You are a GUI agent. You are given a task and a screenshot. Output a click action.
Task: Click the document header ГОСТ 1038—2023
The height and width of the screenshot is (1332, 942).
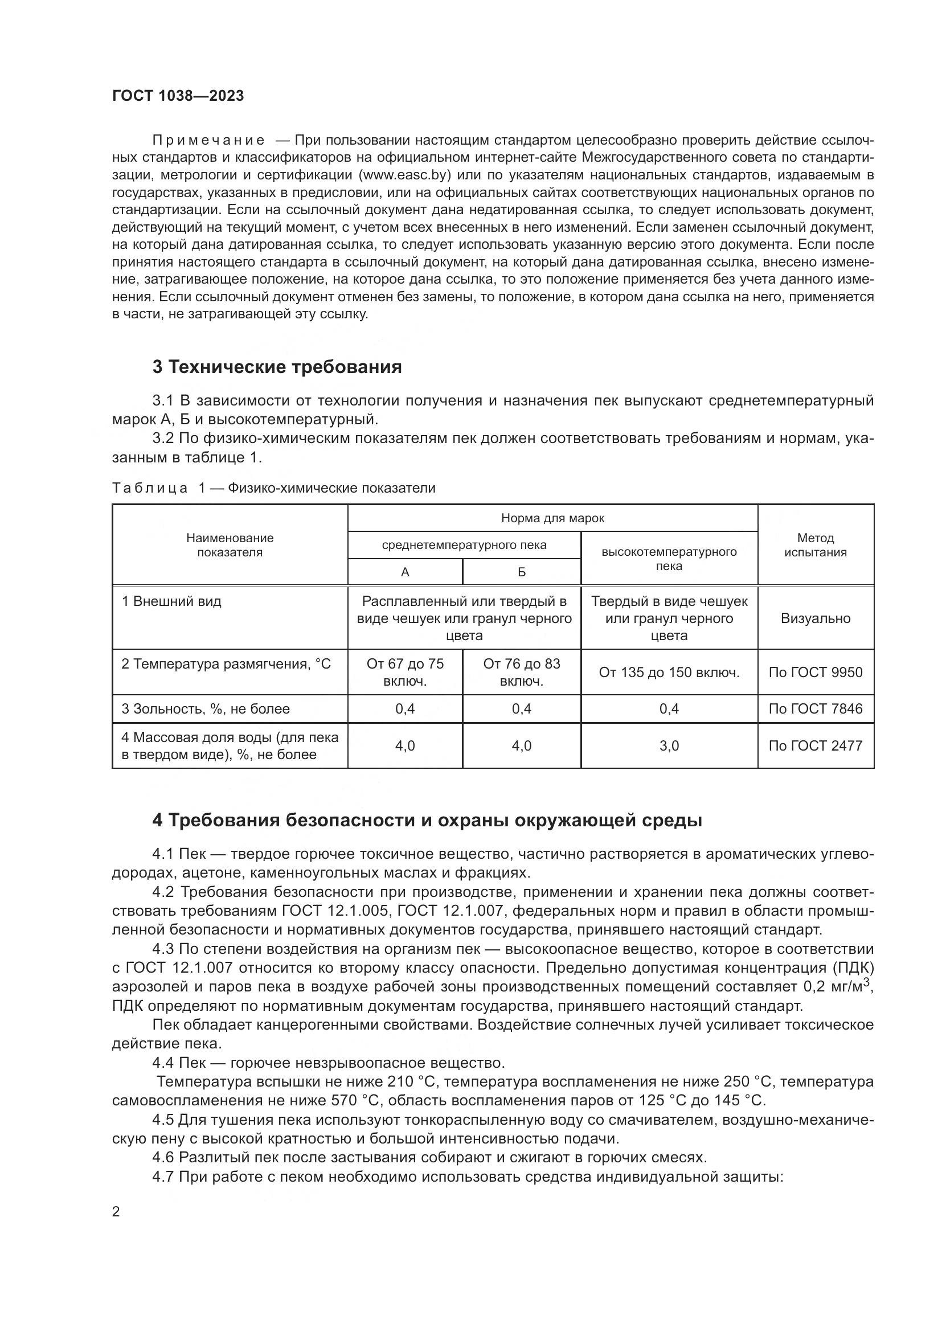tap(178, 96)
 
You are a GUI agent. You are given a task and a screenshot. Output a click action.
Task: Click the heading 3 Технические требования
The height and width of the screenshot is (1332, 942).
tap(277, 367)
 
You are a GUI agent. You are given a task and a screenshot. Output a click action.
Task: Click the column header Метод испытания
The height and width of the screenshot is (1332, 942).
tap(815, 545)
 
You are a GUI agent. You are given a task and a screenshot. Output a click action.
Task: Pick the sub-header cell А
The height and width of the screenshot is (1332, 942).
tap(405, 572)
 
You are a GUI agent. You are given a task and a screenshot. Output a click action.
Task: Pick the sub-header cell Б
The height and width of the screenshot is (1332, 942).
tap(522, 572)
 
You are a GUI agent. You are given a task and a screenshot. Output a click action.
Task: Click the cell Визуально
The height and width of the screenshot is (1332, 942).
tap(815, 618)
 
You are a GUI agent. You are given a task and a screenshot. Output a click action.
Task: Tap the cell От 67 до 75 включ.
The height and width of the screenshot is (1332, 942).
tap(405, 672)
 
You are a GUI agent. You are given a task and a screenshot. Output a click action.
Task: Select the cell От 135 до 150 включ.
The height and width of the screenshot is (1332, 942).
tap(669, 673)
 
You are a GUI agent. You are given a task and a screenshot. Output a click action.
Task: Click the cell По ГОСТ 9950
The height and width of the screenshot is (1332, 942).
tap(815, 673)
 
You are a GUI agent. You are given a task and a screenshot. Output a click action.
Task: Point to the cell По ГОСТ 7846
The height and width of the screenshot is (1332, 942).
tap(815, 708)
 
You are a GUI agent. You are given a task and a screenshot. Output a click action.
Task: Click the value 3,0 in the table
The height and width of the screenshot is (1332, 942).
tap(669, 745)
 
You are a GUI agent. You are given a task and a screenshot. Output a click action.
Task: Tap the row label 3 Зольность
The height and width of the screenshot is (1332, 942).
tap(206, 708)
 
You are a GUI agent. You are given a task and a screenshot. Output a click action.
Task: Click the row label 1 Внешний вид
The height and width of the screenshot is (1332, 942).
tap(171, 601)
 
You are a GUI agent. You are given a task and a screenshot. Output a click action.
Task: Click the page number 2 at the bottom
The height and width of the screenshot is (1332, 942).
tap(116, 1211)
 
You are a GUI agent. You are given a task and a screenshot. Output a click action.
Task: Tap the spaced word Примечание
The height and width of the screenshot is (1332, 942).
tap(208, 141)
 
